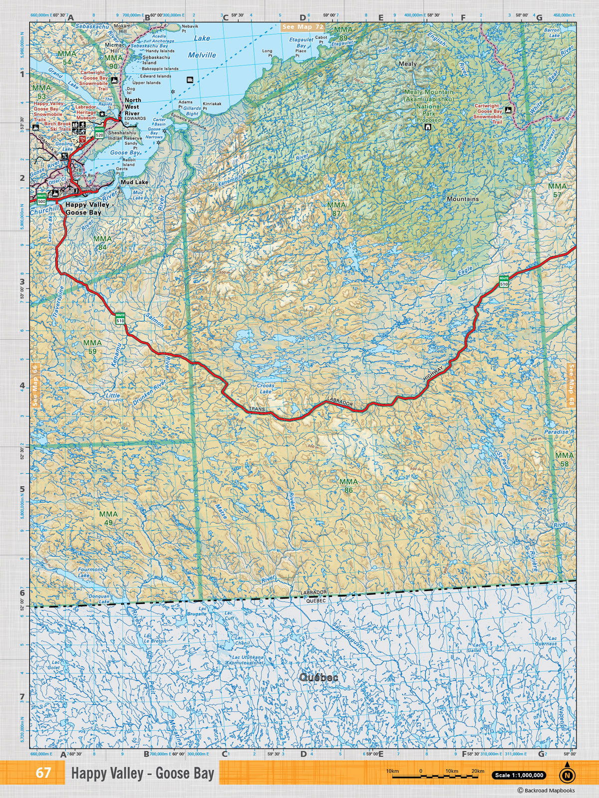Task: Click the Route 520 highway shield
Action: tap(99, 133)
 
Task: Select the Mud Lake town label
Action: tap(134, 183)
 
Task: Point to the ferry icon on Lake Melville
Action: tap(190, 80)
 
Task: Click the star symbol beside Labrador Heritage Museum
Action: tap(102, 114)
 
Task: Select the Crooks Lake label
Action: tap(266, 389)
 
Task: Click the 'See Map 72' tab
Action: tap(303, 26)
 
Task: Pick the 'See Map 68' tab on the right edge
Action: tap(572, 386)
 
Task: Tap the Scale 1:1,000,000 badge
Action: tap(519, 775)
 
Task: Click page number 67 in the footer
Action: tap(43, 773)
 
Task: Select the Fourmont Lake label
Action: tap(90, 573)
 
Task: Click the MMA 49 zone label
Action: tap(108, 518)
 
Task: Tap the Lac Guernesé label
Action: tap(545, 641)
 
